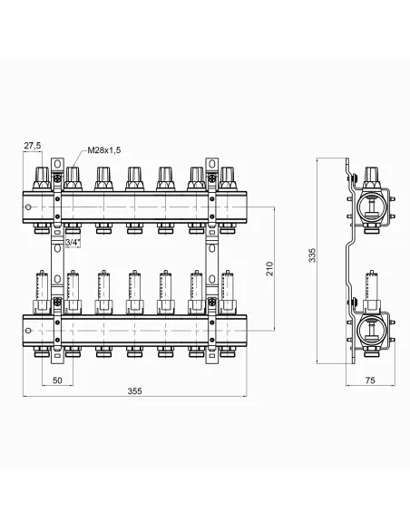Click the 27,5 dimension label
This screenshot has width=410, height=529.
[32, 146]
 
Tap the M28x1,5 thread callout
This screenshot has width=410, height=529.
[104, 150]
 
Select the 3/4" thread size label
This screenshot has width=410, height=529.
[73, 242]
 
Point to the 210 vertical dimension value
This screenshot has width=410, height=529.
[269, 268]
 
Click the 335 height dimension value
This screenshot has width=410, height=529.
[312, 255]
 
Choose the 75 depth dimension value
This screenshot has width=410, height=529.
[370, 380]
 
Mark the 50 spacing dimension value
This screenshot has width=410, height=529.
[57, 380]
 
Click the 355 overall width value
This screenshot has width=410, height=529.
[134, 391]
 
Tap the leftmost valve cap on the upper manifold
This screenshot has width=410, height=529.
[42, 178]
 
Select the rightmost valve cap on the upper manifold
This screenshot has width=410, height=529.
[229, 178]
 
